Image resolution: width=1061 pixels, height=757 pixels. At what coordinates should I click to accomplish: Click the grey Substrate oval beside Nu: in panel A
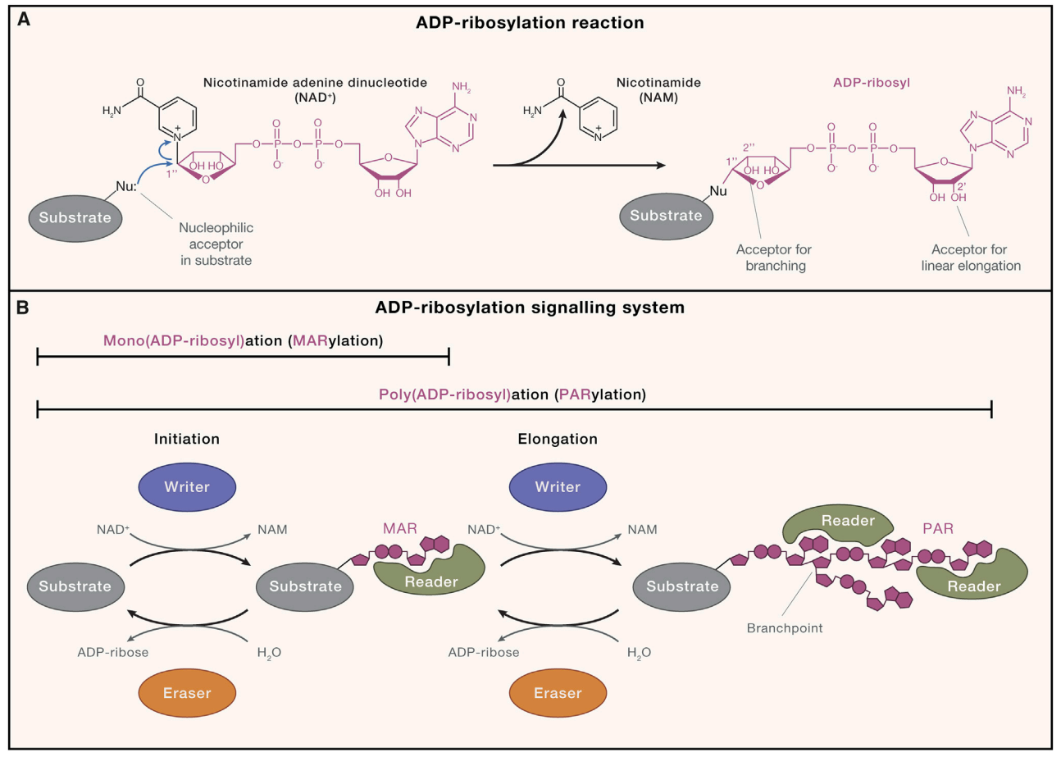point(75,218)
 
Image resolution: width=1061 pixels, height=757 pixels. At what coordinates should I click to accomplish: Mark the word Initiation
point(187,439)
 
